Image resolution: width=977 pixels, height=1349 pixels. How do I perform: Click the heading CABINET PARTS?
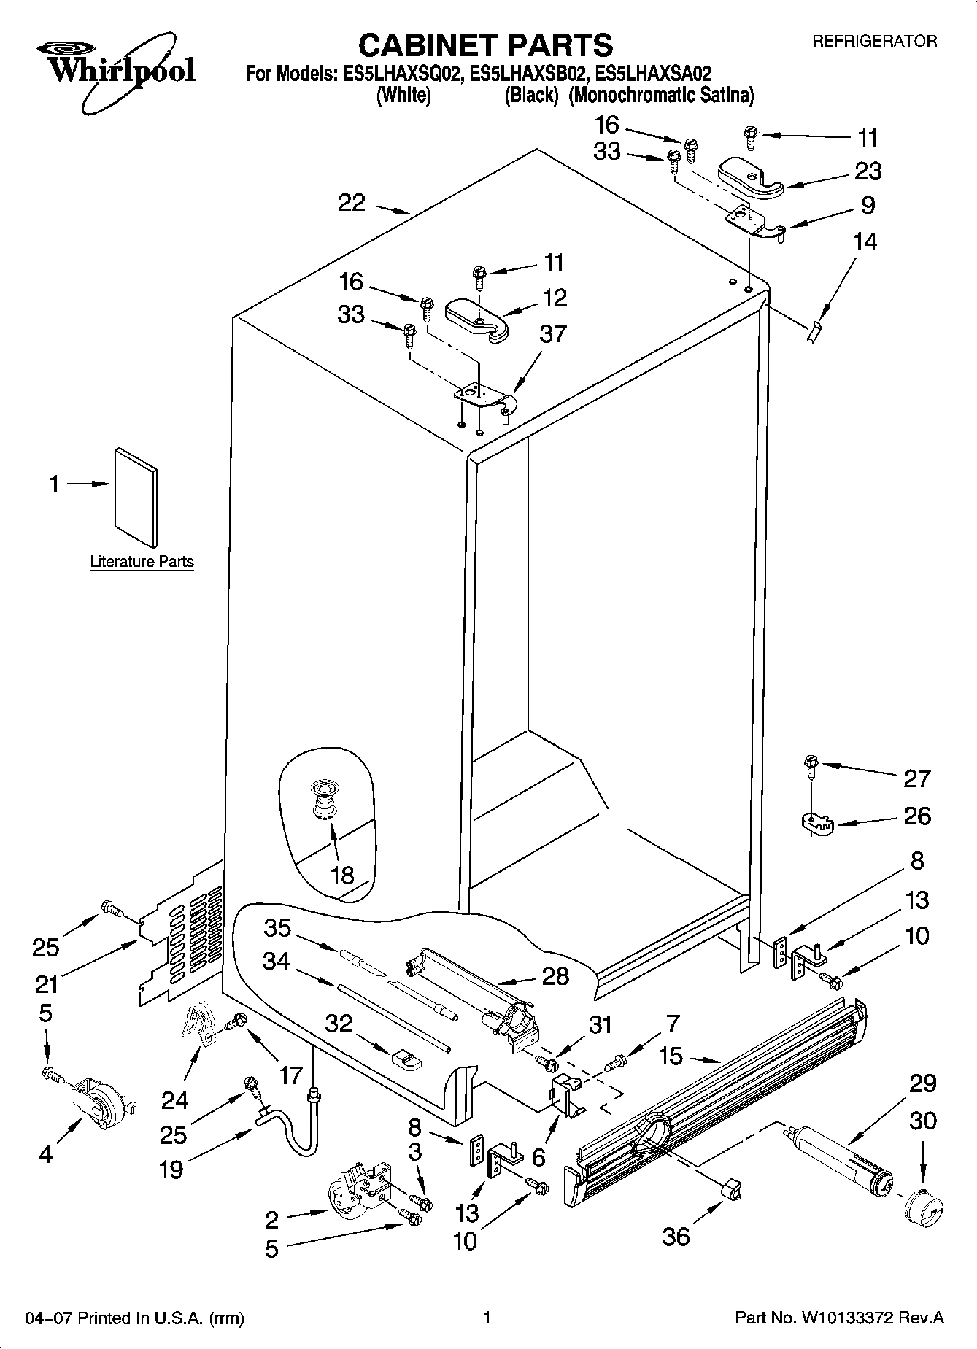[x=485, y=45]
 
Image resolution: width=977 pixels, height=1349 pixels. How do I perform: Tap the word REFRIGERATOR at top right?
[x=874, y=42]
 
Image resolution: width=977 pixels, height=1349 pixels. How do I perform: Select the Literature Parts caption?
[x=142, y=562]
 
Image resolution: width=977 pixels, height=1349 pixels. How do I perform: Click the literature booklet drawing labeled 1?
[x=136, y=497]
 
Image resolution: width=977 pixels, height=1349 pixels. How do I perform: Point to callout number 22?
[x=352, y=202]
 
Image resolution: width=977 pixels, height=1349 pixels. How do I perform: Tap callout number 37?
[x=552, y=333]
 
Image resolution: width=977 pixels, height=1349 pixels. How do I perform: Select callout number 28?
[x=556, y=975]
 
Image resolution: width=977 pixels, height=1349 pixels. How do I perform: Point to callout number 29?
[x=922, y=1083]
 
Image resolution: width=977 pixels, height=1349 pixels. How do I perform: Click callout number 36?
[x=676, y=1236]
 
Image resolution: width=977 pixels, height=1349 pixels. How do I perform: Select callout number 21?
[x=47, y=984]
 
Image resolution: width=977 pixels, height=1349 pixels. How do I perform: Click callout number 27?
[x=916, y=778]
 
